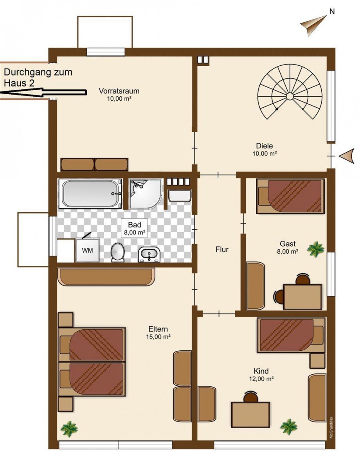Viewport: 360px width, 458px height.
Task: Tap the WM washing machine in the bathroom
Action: pyautogui.click(x=87, y=250)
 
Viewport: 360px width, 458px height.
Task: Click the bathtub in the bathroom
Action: pyautogui.click(x=90, y=193)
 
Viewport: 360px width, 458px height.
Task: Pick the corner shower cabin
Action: pyautogui.click(x=145, y=194)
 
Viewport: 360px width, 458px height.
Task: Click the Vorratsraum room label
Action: pyautogui.click(x=119, y=91)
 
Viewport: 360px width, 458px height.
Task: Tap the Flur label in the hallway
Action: pyautogui.click(x=222, y=249)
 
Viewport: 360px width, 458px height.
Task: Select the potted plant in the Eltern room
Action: pyautogui.click(x=69, y=429)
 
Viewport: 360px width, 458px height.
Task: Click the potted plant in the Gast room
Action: pyautogui.click(x=316, y=249)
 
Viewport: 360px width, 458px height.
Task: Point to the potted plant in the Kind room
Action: pyautogui.click(x=289, y=426)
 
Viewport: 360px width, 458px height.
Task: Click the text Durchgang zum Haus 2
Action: pyautogui.click(x=38, y=78)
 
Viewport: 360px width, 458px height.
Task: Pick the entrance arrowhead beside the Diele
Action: pyautogui.click(x=347, y=156)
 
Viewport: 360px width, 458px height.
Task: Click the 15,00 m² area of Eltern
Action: pyautogui.click(x=158, y=337)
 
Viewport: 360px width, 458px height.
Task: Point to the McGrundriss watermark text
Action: pyautogui.click(x=331, y=427)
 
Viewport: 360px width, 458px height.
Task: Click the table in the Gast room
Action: pyautogui.click(x=302, y=297)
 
